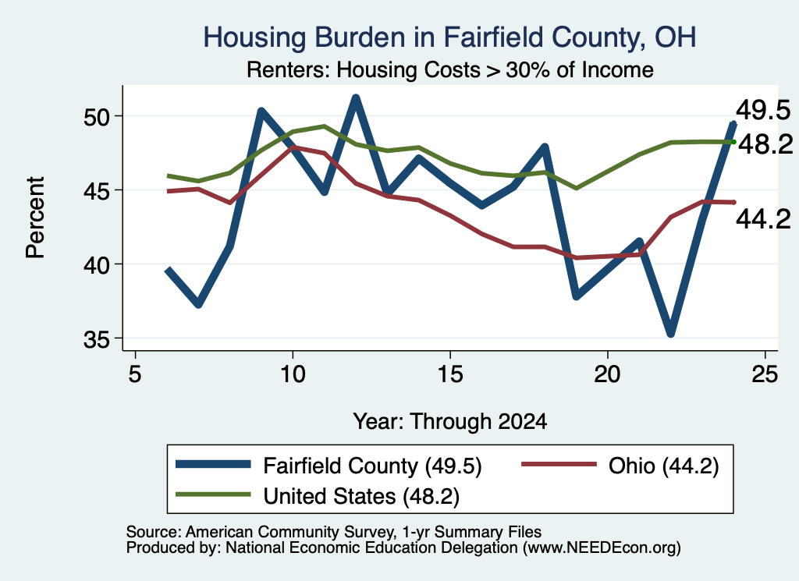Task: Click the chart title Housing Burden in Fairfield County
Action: (449, 37)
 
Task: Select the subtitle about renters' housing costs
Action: (450, 69)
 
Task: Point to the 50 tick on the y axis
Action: (97, 117)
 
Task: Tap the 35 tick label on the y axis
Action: (97, 340)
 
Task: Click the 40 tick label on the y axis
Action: (97, 265)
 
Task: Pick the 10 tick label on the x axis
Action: (293, 374)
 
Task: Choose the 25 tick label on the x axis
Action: (765, 374)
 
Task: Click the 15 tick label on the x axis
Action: (450, 374)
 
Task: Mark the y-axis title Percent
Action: (36, 218)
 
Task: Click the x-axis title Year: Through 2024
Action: (450, 422)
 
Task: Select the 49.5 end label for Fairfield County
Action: (763, 111)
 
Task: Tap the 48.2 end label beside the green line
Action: (765, 144)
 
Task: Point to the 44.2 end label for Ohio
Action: (763, 219)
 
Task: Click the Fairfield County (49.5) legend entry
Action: (328, 466)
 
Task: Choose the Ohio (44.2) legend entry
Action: (620, 466)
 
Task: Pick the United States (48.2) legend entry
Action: (317, 496)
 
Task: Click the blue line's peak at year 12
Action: (356, 97)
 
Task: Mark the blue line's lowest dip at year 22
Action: (670, 334)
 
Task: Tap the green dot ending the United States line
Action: (733, 142)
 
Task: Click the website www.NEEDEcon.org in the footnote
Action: (601, 548)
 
